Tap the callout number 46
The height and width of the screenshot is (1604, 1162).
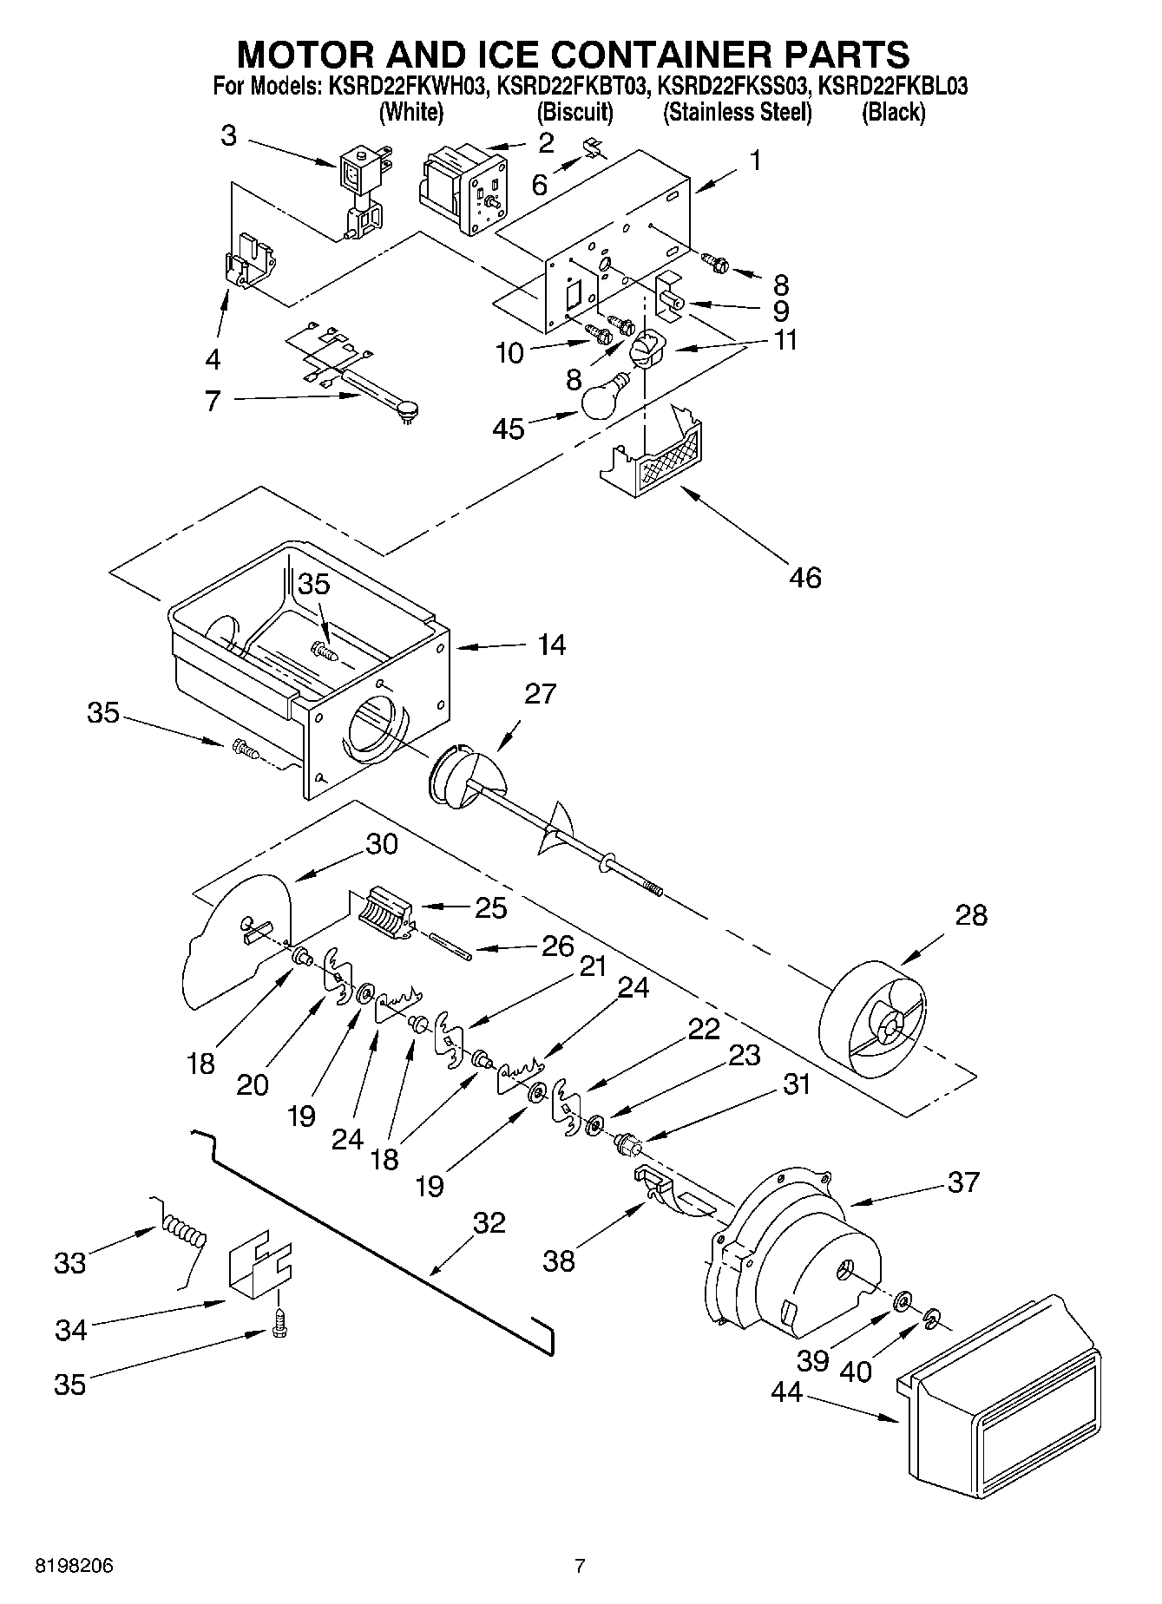pos(805,577)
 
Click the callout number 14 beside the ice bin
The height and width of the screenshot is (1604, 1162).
pos(551,645)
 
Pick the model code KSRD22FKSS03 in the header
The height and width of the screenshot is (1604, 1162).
pos(733,87)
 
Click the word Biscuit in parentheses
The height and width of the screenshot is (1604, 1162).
pos(574,112)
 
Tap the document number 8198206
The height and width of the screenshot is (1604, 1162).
pos(75,1566)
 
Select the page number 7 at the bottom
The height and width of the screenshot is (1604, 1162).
pos(580,1566)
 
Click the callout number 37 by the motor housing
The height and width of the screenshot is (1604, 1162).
pos(963,1182)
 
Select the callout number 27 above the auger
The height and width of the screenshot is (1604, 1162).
pos(540,694)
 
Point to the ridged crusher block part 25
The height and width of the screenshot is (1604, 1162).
pos(381,913)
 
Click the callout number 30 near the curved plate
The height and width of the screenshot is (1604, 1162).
pos(381,843)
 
